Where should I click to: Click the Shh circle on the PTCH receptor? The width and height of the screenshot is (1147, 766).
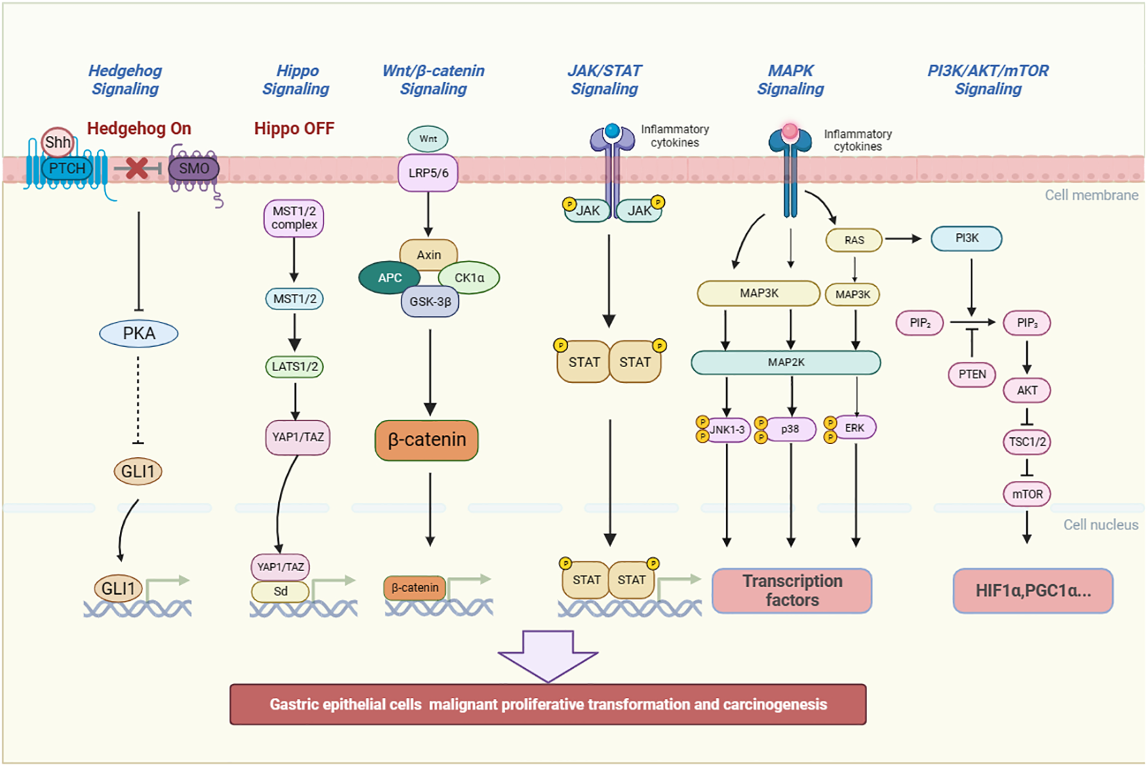tap(58, 142)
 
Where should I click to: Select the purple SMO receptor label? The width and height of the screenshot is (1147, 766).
tap(193, 169)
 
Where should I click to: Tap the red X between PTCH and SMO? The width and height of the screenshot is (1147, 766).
tap(137, 168)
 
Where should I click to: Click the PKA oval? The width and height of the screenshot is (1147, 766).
tap(139, 334)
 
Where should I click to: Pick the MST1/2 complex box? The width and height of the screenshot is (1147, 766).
tap(294, 218)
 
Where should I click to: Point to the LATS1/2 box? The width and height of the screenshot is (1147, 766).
tap(295, 366)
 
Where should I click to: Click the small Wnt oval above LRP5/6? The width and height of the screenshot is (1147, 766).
tap(428, 139)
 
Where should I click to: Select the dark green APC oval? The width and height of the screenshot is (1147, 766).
tap(390, 278)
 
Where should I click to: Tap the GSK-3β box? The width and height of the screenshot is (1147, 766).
tap(430, 302)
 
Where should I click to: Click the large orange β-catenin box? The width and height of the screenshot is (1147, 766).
tap(426, 440)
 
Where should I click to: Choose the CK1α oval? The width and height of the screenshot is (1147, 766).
tap(469, 278)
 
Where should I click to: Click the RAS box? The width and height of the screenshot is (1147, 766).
tap(854, 240)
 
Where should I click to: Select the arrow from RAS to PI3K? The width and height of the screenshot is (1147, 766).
tap(903, 239)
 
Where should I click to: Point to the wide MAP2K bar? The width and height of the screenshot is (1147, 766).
tap(786, 362)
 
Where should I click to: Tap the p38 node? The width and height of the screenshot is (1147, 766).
tap(790, 429)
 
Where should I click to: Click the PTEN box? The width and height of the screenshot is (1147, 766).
tap(972, 374)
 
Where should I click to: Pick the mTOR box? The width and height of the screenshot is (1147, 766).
tap(1027, 494)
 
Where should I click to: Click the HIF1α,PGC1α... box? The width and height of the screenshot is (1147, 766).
tap(1033, 590)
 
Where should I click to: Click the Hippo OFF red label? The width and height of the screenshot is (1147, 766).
tap(294, 128)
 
